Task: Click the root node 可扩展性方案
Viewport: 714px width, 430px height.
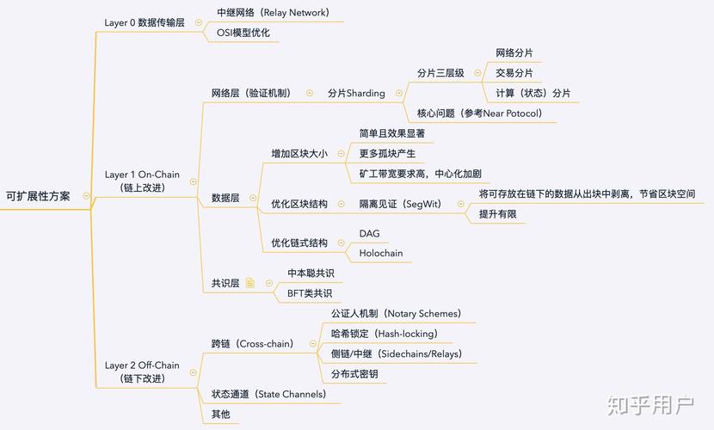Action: coord(38,196)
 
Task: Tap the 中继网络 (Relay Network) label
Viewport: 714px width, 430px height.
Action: coord(273,13)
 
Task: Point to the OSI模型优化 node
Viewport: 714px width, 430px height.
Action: coord(242,33)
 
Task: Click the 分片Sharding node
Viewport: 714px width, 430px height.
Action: coord(356,93)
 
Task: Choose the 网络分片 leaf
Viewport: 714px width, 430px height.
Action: coord(514,53)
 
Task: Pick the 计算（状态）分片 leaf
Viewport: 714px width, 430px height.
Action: coord(532,93)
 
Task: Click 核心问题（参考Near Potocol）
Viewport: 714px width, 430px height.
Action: coord(480,113)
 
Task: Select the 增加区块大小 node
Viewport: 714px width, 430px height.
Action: coord(299,154)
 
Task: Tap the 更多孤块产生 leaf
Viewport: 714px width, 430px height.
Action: coord(387,153)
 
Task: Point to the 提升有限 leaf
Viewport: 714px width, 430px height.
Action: coord(497,214)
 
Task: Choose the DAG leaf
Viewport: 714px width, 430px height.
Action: coord(369,233)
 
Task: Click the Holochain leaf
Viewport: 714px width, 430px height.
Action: coord(380,253)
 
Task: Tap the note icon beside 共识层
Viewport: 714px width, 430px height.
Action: coord(250,283)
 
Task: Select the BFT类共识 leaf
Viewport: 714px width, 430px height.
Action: coord(309,293)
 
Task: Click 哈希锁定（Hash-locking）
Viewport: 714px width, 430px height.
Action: coord(384,333)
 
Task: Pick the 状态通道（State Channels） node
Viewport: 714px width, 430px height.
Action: coord(268,394)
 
